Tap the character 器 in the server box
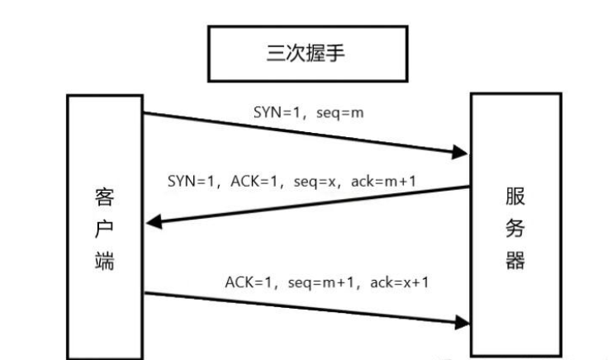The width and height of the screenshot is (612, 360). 515,261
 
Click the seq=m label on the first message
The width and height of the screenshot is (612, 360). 340,112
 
